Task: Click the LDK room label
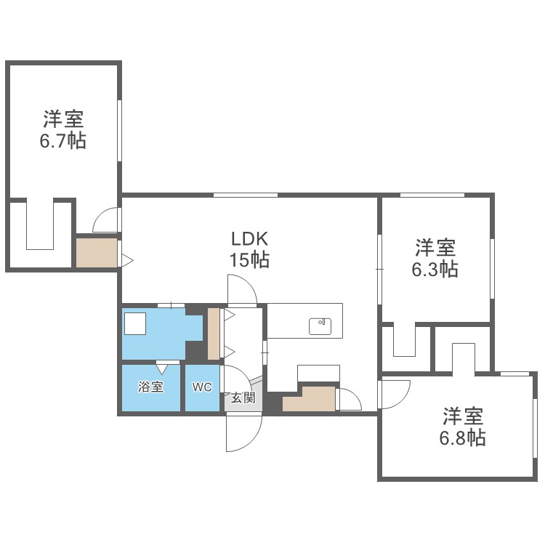(x=250, y=238)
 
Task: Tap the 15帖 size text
(x=250, y=259)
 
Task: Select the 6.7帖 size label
(x=62, y=140)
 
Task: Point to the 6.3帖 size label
(x=435, y=269)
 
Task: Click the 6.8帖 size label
(x=463, y=437)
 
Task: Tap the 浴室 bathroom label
(x=150, y=387)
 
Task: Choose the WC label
(x=202, y=387)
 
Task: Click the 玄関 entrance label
(x=243, y=397)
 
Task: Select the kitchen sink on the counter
(x=320, y=326)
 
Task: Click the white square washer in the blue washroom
(x=135, y=323)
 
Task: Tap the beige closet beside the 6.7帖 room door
(x=97, y=252)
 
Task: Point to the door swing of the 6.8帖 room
(x=394, y=393)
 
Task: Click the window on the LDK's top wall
(x=245, y=195)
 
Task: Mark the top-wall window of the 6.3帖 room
(x=432, y=195)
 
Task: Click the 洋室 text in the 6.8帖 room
(x=463, y=417)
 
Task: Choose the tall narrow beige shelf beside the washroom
(x=214, y=334)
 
